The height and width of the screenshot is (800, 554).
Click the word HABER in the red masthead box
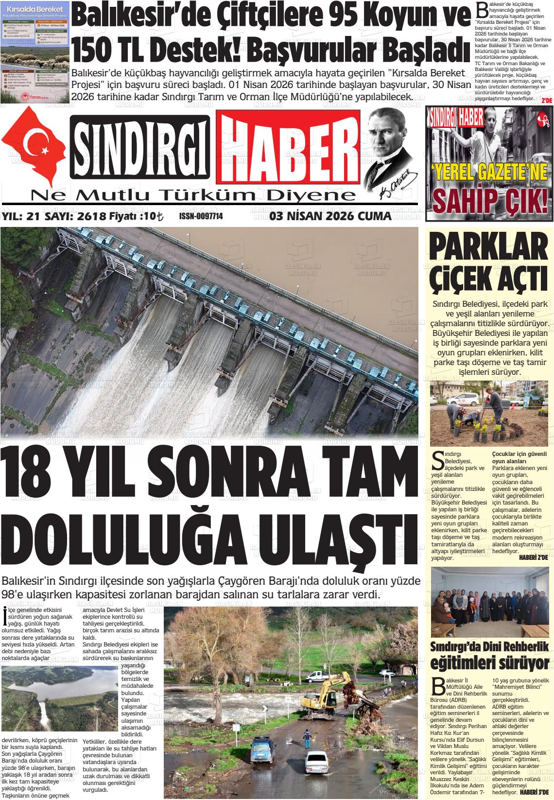pos(288,149)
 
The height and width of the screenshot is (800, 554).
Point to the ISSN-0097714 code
pos(201,216)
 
